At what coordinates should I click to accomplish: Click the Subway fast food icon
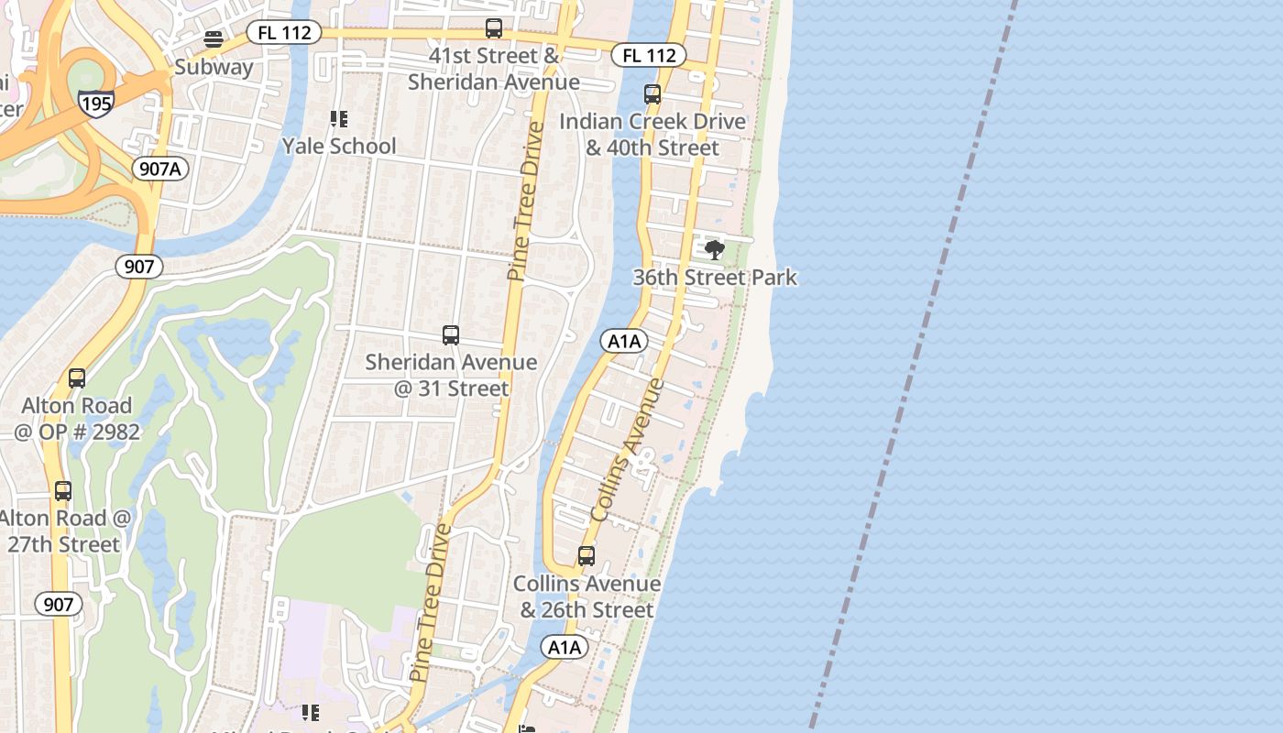point(214,38)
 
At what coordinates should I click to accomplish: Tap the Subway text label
point(214,67)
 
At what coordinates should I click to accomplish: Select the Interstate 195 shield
point(95,102)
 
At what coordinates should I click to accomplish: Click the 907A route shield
point(160,169)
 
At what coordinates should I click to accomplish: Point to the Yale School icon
point(339,119)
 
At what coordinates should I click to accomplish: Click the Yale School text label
point(339,146)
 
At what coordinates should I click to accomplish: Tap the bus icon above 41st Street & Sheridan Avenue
point(494,28)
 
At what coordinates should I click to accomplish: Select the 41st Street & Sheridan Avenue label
point(494,69)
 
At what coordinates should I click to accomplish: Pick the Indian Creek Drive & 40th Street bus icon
point(652,93)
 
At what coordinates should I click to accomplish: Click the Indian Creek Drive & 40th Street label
point(652,134)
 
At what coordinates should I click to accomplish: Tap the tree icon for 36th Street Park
point(715,249)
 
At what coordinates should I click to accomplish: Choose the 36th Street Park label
point(715,277)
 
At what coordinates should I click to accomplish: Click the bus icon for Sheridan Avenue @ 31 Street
point(451,335)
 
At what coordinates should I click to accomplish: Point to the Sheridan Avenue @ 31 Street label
point(451,375)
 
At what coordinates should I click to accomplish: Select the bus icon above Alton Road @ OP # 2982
point(77,378)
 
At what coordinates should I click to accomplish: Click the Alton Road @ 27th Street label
point(64,531)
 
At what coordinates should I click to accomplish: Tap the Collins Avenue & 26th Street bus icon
point(587,556)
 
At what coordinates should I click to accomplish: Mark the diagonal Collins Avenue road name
point(628,451)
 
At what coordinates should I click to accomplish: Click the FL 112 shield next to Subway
point(284,33)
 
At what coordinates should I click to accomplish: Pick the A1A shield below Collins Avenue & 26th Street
point(564,648)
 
